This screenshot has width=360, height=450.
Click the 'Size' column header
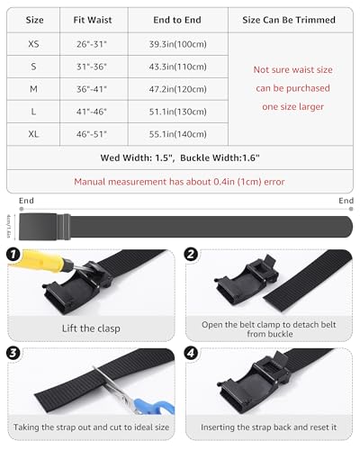[x=34, y=19]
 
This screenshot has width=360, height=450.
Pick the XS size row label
[x=34, y=43]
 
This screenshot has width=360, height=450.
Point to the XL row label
[x=34, y=134]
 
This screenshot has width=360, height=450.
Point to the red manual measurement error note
[x=180, y=181]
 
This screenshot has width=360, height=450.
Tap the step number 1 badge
[x=14, y=256]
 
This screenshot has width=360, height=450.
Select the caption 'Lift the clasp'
[x=91, y=328]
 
